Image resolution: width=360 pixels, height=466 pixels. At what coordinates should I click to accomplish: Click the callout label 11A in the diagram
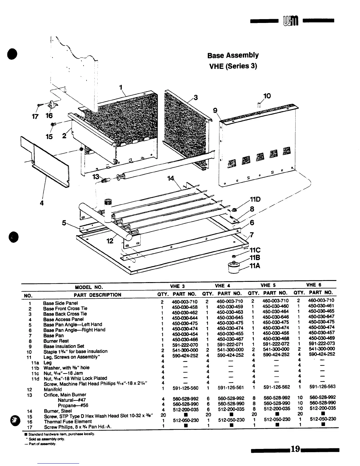(x=255, y=266)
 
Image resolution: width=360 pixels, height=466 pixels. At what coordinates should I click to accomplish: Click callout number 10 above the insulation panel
(x=267, y=96)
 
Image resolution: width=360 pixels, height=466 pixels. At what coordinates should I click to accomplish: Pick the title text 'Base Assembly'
(x=233, y=55)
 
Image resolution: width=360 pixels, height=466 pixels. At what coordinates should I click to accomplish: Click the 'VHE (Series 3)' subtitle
(x=233, y=66)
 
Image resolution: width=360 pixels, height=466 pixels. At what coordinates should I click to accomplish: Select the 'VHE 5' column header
(x=268, y=285)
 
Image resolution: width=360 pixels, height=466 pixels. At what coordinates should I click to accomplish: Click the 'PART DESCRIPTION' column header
(x=97, y=295)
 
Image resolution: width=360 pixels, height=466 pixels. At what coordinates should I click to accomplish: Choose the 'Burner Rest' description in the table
(x=56, y=341)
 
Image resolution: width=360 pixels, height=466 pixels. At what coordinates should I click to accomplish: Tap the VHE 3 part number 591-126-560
(x=185, y=388)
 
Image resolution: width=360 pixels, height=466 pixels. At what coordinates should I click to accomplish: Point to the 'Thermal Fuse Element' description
(x=68, y=421)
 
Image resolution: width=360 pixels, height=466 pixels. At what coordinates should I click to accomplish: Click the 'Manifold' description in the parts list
(x=53, y=389)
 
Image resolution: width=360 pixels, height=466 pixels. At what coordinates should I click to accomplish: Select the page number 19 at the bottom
(x=295, y=449)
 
